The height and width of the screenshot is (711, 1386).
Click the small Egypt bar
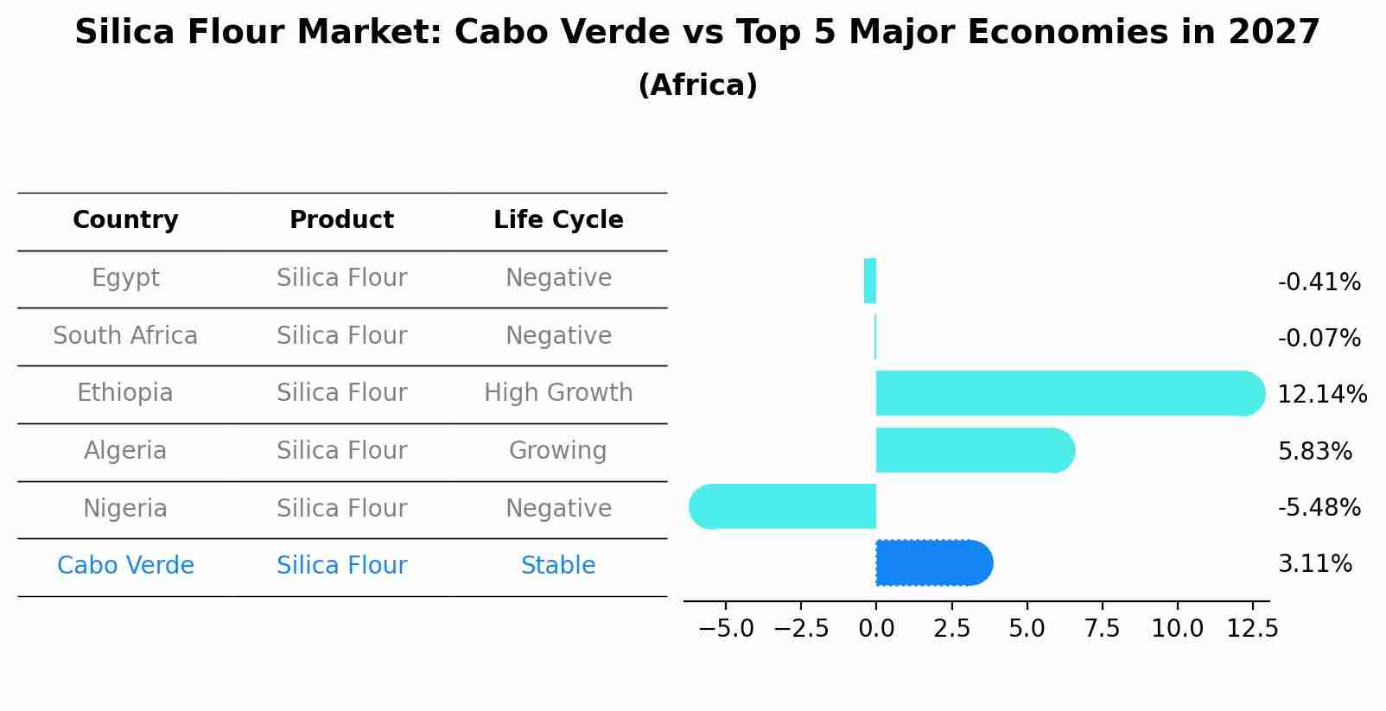pos(870,282)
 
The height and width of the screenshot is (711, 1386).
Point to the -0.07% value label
pos(1319,339)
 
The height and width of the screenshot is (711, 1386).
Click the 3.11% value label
pos(1314,564)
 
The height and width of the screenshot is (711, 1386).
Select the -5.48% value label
pos(1319,507)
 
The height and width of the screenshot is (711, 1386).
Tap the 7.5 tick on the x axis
pos(1102,629)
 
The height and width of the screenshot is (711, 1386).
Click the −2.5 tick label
pos(801,629)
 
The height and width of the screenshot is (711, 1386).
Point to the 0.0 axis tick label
pos(876,629)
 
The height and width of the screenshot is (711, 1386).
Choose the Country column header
pos(125,220)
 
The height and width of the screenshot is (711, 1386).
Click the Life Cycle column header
pos(558,220)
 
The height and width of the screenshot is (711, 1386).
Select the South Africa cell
pos(125,336)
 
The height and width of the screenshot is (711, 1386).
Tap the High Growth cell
pos(558,393)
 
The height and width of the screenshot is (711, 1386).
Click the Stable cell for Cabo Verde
pos(558,566)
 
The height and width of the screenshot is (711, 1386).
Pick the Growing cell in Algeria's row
pos(558,451)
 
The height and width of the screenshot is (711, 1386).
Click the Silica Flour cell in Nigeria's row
pos(341,509)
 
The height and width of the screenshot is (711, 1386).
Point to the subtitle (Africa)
pos(697,86)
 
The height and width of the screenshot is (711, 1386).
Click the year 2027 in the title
pos(1274,33)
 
